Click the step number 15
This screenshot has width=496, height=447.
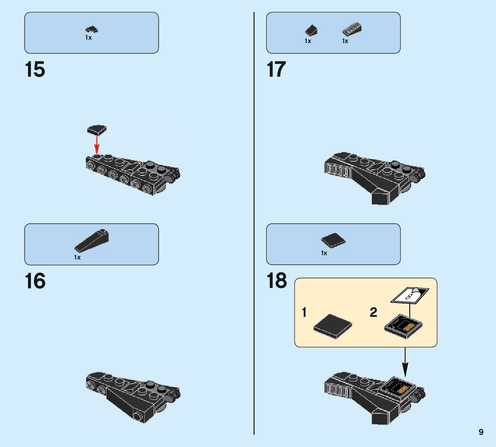tap(35, 70)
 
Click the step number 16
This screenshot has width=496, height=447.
tap(35, 281)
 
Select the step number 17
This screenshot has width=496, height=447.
tap(276, 70)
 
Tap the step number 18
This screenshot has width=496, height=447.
tap(276, 281)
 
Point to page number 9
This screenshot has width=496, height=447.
tap(481, 432)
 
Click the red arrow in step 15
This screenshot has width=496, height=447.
tap(97, 145)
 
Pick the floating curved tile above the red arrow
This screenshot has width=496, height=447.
tap(97, 129)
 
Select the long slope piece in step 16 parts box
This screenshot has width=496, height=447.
tap(92, 241)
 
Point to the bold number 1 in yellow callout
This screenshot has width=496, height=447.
tap(304, 312)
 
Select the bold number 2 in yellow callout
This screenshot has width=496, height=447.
tap(373, 312)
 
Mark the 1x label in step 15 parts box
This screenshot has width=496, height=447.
tap(88, 38)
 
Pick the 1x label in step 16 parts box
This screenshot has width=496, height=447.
tap(77, 257)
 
